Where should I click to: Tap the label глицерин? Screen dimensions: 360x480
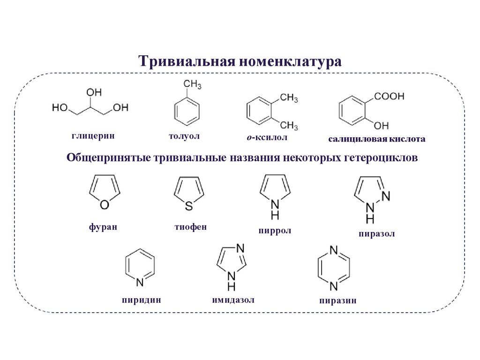(x=93, y=136)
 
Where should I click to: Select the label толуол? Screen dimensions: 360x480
(x=184, y=136)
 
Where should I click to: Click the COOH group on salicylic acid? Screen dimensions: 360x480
(x=389, y=96)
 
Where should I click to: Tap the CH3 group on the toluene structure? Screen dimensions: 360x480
(x=192, y=84)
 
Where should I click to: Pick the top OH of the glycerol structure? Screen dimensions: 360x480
(x=94, y=92)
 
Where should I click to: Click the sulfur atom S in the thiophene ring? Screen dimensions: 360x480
(x=188, y=205)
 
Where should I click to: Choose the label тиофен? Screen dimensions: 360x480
(x=190, y=227)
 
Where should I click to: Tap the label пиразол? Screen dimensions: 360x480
(x=376, y=233)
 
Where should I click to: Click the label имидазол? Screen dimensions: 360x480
(x=233, y=300)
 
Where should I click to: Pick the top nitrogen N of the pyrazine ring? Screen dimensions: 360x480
(x=333, y=250)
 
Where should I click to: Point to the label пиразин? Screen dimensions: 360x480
(x=337, y=301)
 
